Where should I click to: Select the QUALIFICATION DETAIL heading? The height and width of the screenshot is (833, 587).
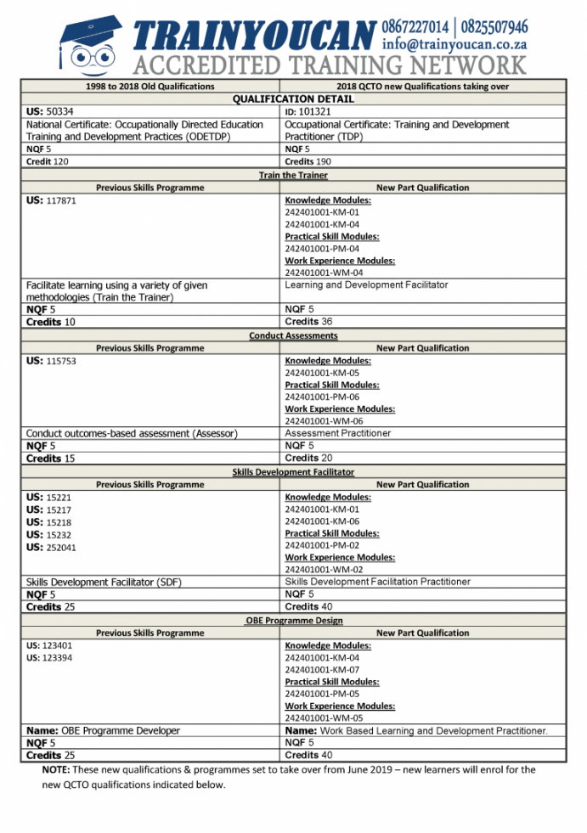click(x=293, y=99)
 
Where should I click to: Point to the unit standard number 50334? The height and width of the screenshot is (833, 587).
click(x=59, y=111)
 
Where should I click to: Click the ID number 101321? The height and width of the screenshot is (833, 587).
click(x=315, y=111)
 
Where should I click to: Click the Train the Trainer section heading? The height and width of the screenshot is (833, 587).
click(x=293, y=175)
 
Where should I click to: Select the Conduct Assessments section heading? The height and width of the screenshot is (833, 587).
click(x=293, y=335)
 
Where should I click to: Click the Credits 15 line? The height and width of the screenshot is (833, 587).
click(x=50, y=459)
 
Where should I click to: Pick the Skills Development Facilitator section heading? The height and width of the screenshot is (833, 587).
click(x=293, y=472)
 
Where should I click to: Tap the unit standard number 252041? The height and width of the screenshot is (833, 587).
click(x=60, y=548)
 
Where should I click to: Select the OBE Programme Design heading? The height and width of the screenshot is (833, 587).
click(x=294, y=621)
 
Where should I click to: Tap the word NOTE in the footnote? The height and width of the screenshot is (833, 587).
click(x=57, y=770)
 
